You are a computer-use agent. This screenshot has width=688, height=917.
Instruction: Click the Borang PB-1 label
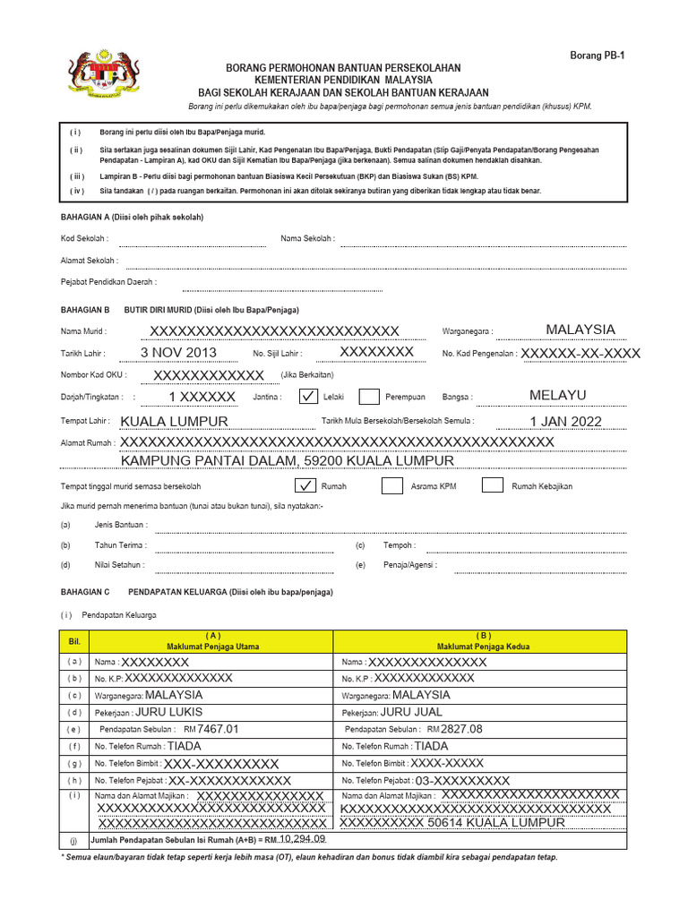point(598,56)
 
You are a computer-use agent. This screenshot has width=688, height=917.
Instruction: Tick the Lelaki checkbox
point(307,397)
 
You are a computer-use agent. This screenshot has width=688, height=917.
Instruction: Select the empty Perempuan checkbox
point(368,397)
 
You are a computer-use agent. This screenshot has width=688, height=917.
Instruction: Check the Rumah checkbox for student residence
point(305,486)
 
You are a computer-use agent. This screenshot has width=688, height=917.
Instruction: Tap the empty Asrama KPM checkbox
point(391,486)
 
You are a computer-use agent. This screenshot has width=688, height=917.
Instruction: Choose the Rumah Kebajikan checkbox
point(492,486)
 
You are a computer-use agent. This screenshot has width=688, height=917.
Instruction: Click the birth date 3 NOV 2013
point(178,353)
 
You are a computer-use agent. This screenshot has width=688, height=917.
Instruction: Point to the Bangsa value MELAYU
point(557,395)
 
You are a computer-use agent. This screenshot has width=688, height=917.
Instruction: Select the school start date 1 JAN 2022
point(565,422)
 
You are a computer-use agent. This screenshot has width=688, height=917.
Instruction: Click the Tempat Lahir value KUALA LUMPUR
point(174,422)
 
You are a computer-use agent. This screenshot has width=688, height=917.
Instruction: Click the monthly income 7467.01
point(219,730)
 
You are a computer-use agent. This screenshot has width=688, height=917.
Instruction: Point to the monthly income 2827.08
point(462,730)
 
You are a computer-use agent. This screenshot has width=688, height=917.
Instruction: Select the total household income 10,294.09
point(303,839)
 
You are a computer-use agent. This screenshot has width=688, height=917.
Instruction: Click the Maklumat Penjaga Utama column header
point(212,641)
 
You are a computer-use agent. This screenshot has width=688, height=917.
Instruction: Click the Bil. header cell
point(74,641)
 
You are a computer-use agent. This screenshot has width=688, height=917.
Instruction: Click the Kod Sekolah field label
point(84,239)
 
